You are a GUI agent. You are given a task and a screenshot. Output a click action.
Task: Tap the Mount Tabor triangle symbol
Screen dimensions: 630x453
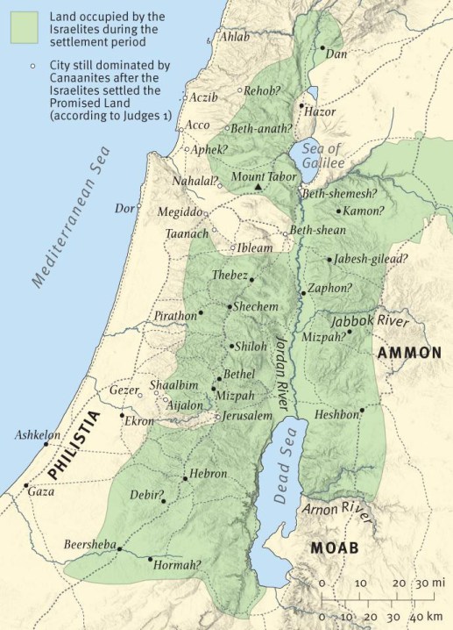coord(258,188)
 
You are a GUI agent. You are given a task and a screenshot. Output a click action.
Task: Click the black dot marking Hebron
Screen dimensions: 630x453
coord(184,479)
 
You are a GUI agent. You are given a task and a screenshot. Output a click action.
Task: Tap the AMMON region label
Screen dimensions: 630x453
coord(408,353)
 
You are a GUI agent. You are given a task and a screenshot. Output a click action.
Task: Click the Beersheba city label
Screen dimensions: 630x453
coord(89,545)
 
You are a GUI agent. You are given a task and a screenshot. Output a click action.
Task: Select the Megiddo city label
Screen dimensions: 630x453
coord(180,212)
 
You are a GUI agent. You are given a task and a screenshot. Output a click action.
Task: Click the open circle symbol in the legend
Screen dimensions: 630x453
coord(30,66)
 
